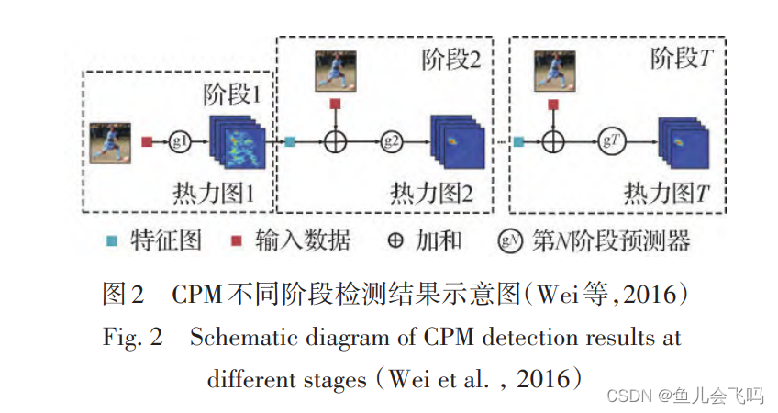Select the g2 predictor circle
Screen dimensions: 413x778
[393, 141]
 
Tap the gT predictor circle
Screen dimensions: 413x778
[609, 141]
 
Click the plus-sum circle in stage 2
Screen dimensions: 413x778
[336, 141]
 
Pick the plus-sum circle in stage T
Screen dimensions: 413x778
[552, 141]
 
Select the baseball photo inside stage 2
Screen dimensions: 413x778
[336, 70]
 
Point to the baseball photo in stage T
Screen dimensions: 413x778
[552, 70]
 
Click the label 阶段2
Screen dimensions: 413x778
[450, 60]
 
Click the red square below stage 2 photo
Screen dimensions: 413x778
[336, 105]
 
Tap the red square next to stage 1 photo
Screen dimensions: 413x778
[148, 141]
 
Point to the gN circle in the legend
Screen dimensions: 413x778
[508, 242]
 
